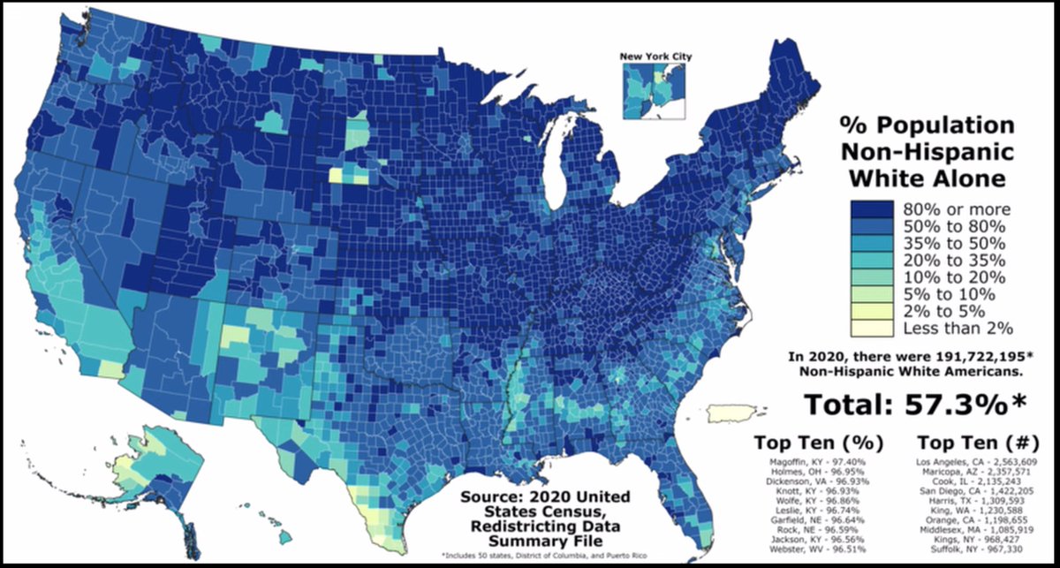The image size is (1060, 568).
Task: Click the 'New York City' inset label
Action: (x=655, y=57)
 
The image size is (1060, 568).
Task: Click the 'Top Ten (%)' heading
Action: (x=820, y=442)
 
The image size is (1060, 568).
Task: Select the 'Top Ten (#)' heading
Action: (x=972, y=442)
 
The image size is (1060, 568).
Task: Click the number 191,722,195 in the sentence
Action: (x=977, y=356)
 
